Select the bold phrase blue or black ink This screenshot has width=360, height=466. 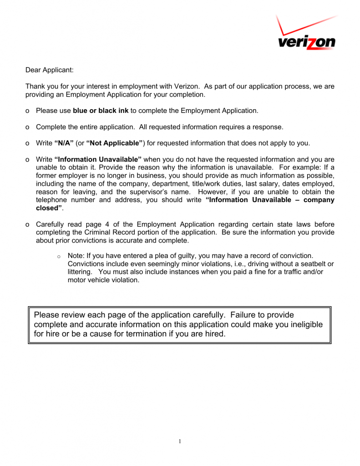coord(101,111)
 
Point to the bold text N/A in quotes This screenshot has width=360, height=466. coord(64,143)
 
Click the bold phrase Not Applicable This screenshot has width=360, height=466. coord(115,143)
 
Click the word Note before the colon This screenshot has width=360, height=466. coord(76,256)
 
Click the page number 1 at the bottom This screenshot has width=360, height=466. coord(180,441)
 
